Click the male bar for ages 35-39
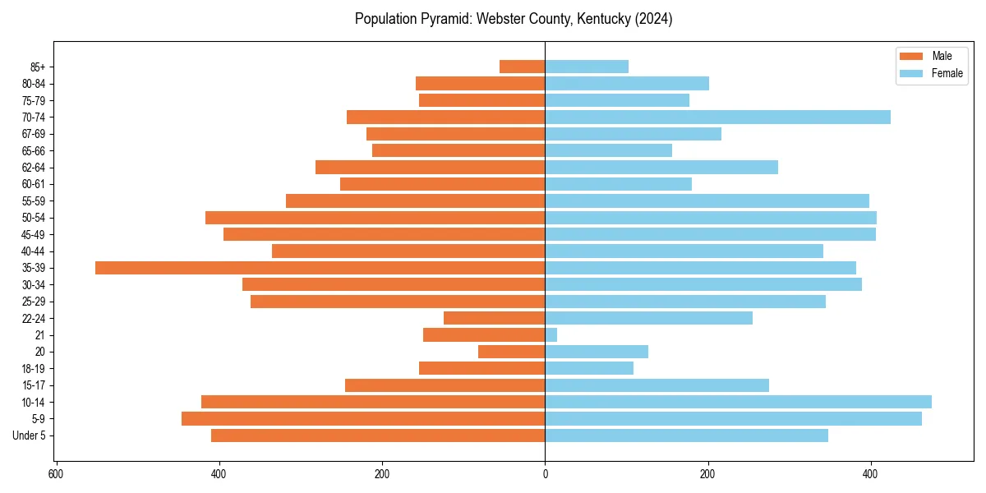pos(320,268)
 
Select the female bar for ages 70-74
pos(717,117)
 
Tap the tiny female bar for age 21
pos(551,334)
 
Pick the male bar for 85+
pos(522,67)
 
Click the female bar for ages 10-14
pos(738,402)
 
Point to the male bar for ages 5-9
pos(363,419)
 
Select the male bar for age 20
pos(511,352)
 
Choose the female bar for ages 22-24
pos(648,318)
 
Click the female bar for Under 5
pos(686,435)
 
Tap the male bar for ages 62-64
pos(430,168)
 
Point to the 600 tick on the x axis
pos(56,475)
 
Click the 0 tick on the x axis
pos(545,475)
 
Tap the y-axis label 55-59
pos(34,201)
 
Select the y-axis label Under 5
pos(29,435)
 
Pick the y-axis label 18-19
pos(34,369)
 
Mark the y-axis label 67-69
pos(34,134)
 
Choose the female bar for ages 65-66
pos(608,150)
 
